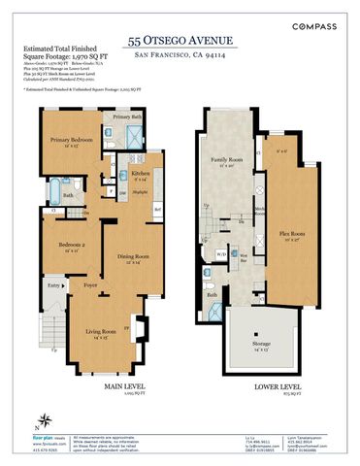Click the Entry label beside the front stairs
pyautogui.click(x=53, y=286)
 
